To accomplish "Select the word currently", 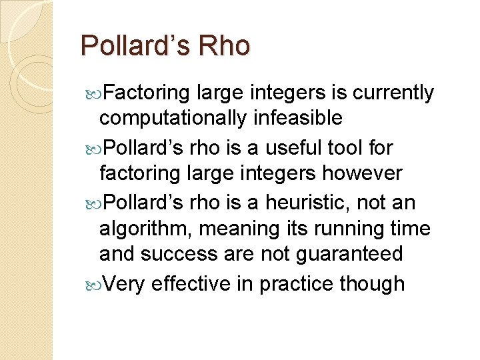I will [392, 93].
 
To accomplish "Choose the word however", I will [363, 173].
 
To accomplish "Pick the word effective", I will [193, 283].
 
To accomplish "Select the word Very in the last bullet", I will [125, 283].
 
